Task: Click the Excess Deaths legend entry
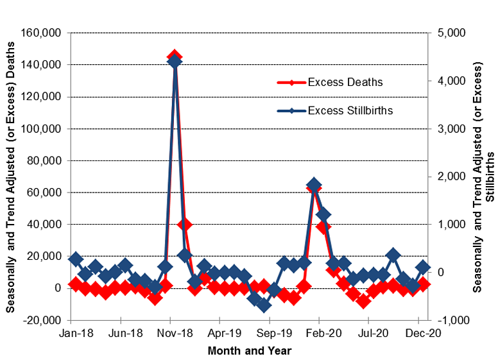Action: click(x=345, y=82)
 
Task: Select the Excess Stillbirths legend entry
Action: click(x=350, y=110)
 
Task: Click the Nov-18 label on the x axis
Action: click(x=170, y=334)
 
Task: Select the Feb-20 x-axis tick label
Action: click(x=319, y=334)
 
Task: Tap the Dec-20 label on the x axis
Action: click(x=418, y=334)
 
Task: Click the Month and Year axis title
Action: click(x=249, y=350)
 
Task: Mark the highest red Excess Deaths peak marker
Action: click(x=175, y=57)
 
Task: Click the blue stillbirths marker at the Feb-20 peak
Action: click(x=314, y=185)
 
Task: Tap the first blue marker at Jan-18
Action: click(x=76, y=259)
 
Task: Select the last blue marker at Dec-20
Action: click(x=423, y=267)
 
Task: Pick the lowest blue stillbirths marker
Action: click(x=264, y=305)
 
